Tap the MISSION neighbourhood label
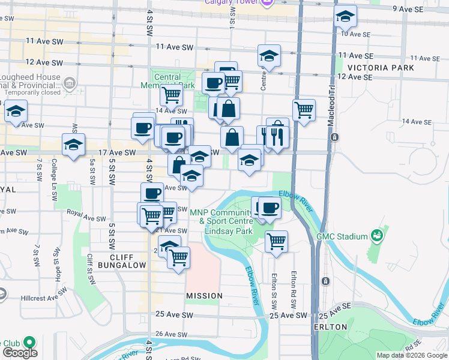pos(204,296)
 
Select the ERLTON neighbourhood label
pos(330,327)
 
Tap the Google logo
pos(19,353)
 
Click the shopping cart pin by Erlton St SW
pos(276,241)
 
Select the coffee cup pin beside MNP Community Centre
pos(270,208)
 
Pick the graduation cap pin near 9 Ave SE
pos(345,17)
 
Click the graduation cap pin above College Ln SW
pos(74,145)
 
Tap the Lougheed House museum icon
pos(70,83)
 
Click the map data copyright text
pos(412,355)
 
